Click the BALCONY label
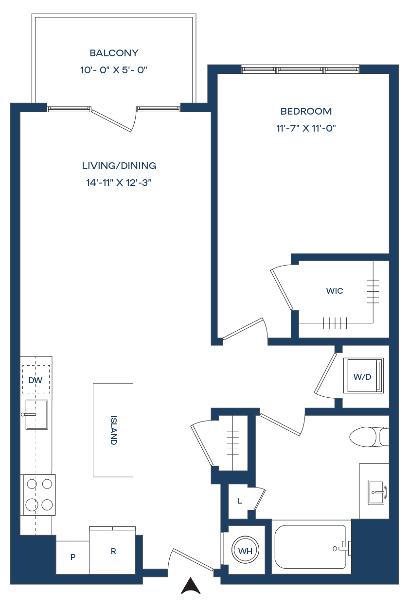[114, 53]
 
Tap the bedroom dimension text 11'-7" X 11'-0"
[306, 128]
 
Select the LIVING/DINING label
[119, 166]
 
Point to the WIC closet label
[335, 291]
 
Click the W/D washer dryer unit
[363, 375]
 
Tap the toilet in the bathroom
[369, 437]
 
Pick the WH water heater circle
[245, 551]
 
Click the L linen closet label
[240, 501]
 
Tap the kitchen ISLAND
[113, 430]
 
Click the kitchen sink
[36, 415]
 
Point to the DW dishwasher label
[36, 380]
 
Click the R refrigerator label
[113, 551]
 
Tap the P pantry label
[73, 557]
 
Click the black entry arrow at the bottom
[191, 586]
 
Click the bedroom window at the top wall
[301, 70]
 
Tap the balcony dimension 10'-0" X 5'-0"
[114, 70]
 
